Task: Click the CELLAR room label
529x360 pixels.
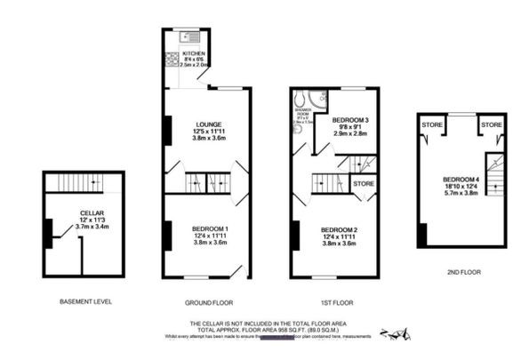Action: pyautogui.click(x=85, y=213)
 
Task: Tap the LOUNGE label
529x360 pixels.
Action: pyautogui.click(x=208, y=124)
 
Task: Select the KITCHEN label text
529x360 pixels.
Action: pyautogui.click(x=194, y=53)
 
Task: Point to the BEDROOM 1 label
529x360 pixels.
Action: pyautogui.click(x=210, y=229)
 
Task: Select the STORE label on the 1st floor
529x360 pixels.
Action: pyautogui.click(x=364, y=184)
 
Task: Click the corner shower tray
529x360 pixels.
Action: pyautogui.click(x=301, y=97)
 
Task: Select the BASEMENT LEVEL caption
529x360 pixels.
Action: pyautogui.click(x=85, y=301)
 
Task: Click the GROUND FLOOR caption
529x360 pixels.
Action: pyautogui.click(x=207, y=301)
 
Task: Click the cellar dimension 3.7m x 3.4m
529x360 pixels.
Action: pyautogui.click(x=85, y=228)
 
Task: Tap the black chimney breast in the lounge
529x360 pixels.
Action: pyautogui.click(x=166, y=130)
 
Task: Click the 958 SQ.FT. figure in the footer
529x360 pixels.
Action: pyautogui.click(x=294, y=329)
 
